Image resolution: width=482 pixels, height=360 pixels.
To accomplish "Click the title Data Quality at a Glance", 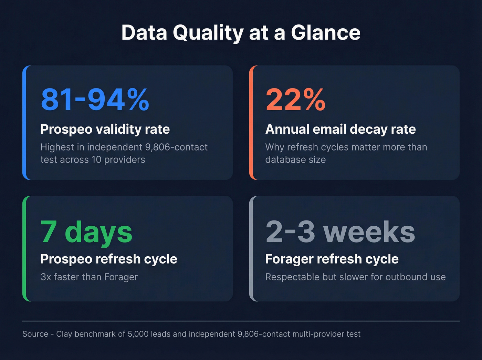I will click(x=241, y=33).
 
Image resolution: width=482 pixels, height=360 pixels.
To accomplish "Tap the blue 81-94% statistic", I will click(x=95, y=100).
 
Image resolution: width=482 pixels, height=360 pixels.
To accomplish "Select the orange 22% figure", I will click(x=295, y=100).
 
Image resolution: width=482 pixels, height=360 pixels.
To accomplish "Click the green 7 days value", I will click(x=86, y=232).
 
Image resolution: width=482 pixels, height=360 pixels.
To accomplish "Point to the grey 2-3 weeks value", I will click(x=340, y=232).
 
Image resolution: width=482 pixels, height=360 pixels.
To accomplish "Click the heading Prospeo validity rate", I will click(x=105, y=129).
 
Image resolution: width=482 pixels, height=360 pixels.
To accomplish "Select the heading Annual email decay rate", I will click(x=340, y=129).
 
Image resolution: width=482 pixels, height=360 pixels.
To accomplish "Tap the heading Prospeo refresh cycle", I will click(x=109, y=259).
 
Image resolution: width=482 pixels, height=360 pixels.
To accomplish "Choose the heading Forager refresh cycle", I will click(x=332, y=259).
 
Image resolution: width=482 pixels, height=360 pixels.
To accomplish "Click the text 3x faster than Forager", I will click(x=89, y=277).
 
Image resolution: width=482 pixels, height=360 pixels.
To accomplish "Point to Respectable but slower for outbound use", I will click(x=355, y=277).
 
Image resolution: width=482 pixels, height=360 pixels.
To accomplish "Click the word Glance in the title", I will click(x=326, y=33).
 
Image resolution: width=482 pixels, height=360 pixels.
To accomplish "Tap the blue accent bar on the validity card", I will click(x=24, y=123).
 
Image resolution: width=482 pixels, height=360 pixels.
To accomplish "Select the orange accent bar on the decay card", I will click(x=251, y=123).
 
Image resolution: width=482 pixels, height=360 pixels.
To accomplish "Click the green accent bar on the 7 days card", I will click(x=24, y=249).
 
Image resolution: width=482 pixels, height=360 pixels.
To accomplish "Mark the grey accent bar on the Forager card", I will click(x=251, y=249).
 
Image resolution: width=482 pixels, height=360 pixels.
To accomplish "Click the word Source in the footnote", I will click(x=35, y=334).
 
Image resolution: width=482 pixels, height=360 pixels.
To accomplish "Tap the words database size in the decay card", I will click(x=295, y=160).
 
